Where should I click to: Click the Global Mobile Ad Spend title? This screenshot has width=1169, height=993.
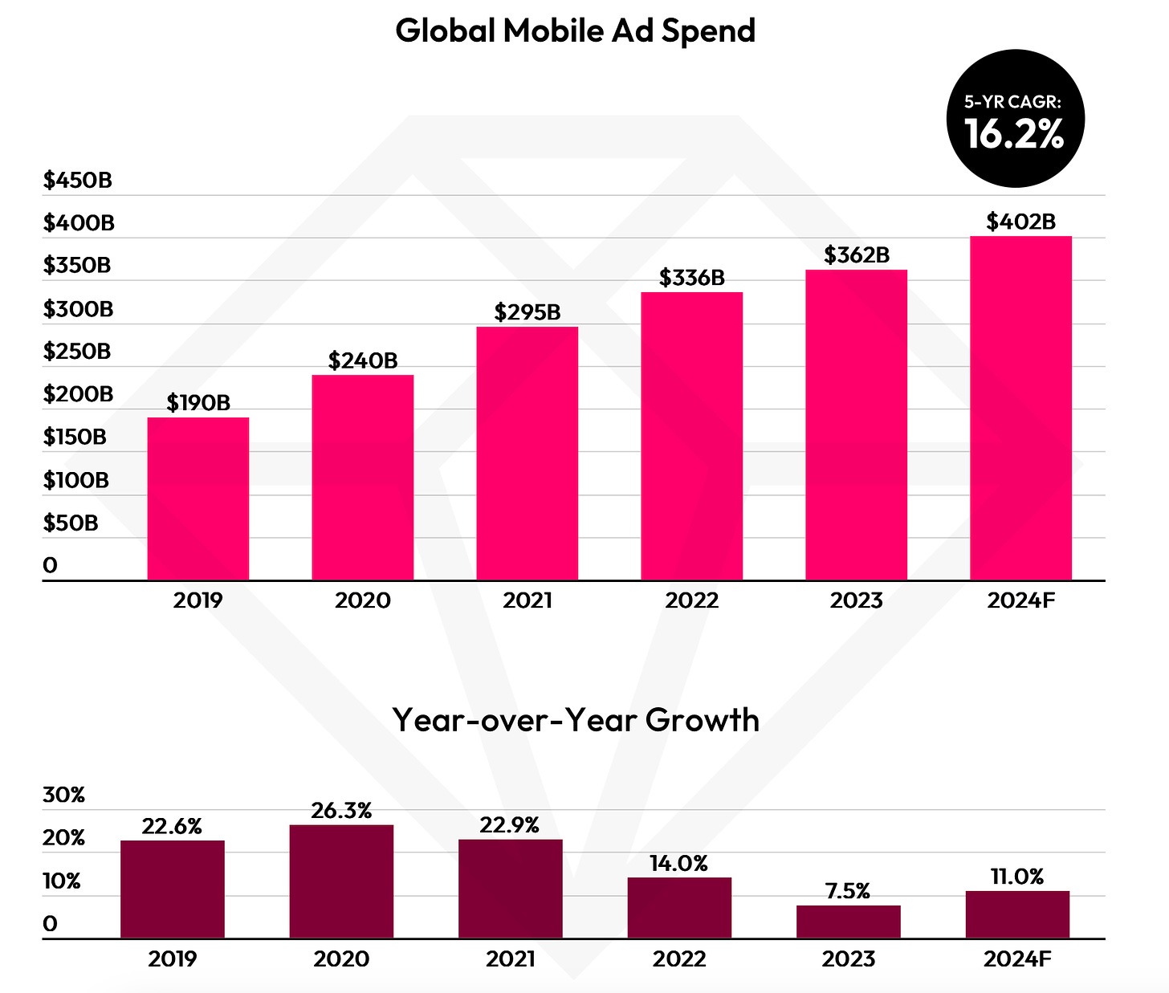[x=576, y=31]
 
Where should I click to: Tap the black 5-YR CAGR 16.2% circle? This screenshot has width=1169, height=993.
[x=1015, y=120]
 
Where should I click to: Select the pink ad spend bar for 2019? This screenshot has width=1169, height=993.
[x=198, y=498]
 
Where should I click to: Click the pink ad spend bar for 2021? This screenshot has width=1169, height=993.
[x=527, y=453]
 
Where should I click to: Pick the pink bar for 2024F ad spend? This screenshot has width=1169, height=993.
[x=1020, y=408]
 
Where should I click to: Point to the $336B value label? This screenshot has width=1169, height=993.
[x=691, y=278]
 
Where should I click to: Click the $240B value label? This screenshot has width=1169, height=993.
[x=363, y=360]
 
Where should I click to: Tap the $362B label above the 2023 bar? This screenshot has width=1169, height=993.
[x=857, y=255]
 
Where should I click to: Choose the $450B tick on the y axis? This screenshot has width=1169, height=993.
[x=77, y=180]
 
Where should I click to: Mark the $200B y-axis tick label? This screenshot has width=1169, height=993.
[x=78, y=394]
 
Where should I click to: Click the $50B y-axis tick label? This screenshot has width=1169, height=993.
[x=71, y=523]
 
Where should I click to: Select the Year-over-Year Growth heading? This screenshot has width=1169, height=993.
[x=576, y=719]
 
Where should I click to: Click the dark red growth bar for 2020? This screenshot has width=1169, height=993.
[x=341, y=881]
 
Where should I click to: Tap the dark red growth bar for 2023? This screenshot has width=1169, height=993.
[x=849, y=921]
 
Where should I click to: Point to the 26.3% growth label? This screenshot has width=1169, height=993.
[x=341, y=811]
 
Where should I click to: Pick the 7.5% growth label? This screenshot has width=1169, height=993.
[x=848, y=892]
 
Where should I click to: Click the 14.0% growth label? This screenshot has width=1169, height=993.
[x=679, y=864]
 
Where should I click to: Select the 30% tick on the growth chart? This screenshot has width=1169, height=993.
[x=63, y=796]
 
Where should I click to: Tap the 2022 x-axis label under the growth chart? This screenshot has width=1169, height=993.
[x=679, y=958]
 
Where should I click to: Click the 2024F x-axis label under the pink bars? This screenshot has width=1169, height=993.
[x=1020, y=600]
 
